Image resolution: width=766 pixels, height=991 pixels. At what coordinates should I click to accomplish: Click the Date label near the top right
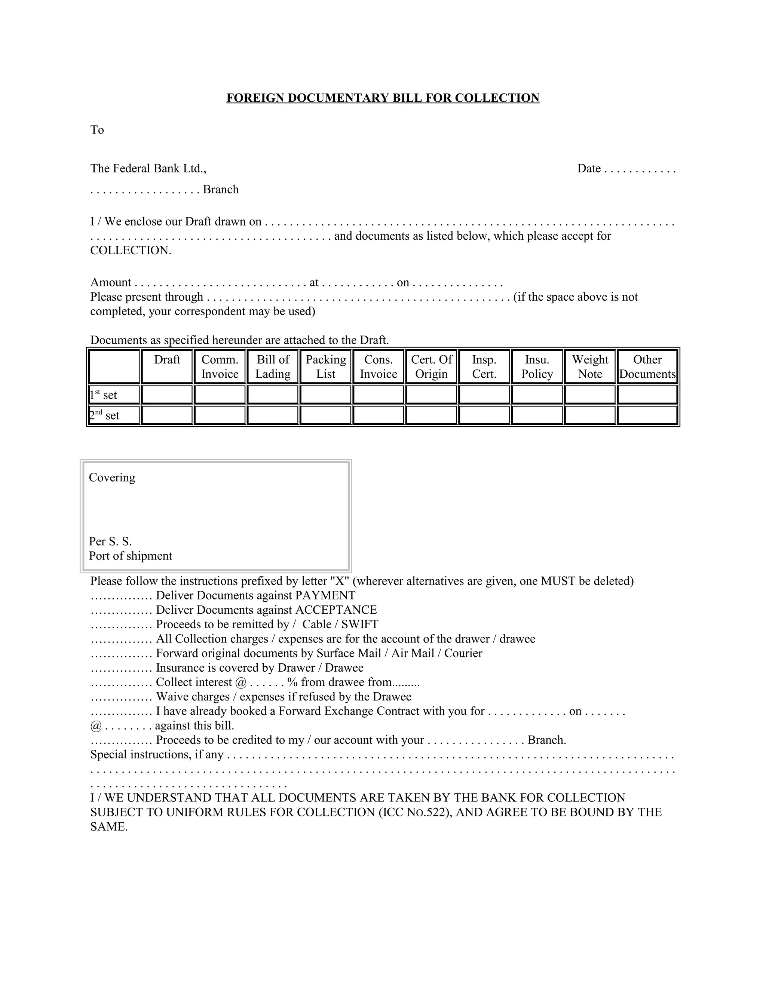589,169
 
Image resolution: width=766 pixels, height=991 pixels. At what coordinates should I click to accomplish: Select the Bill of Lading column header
273,366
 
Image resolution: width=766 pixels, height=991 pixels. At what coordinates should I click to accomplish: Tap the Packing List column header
325,366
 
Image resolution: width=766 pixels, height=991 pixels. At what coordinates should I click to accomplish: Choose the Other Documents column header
647,366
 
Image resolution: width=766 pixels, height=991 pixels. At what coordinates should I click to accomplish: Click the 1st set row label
104,395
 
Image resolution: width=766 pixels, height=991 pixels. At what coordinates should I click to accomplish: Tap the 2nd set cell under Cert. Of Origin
431,415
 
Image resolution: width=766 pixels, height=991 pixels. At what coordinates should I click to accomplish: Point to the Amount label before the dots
111,282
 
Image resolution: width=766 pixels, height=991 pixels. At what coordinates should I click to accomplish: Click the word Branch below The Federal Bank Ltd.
221,190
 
